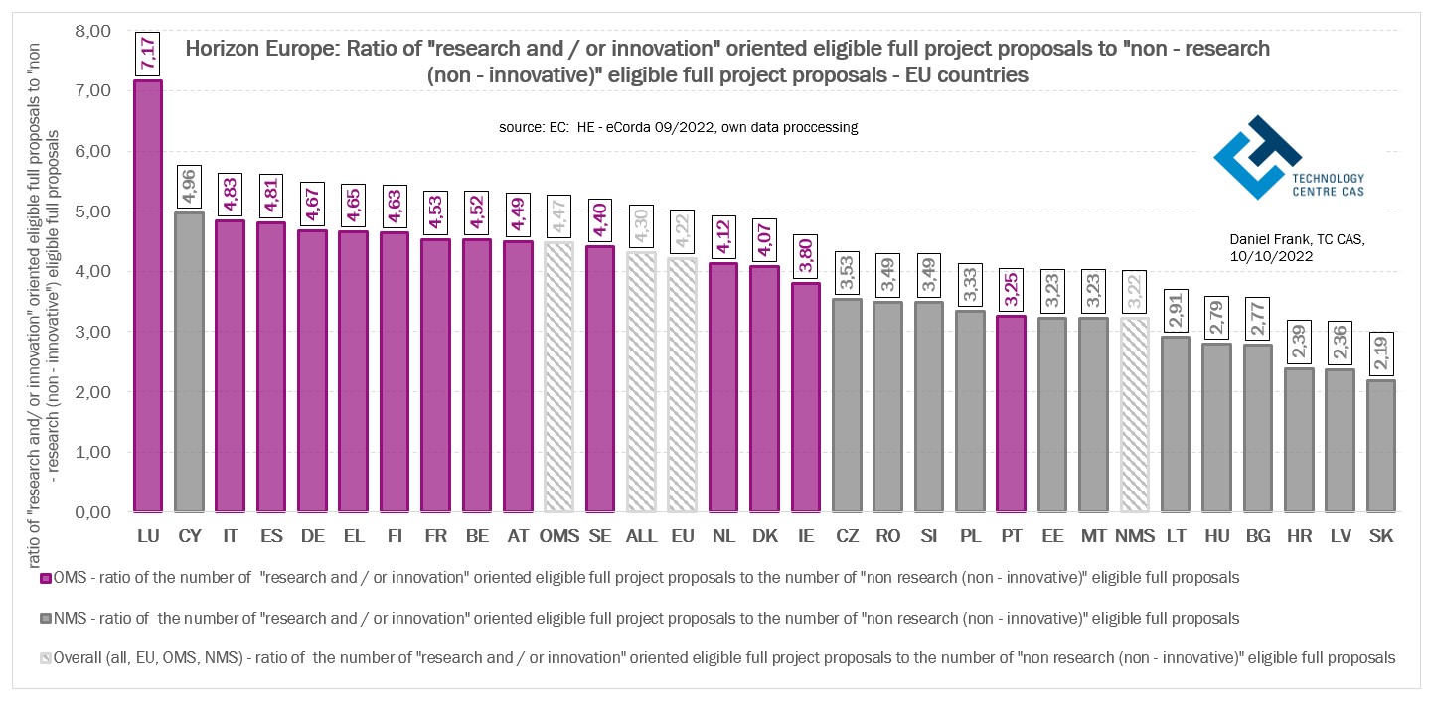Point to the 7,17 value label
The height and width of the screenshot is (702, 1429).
[x=148, y=53]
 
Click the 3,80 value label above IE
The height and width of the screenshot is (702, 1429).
[x=806, y=256]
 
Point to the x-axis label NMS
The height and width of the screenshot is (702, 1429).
[x=1135, y=536]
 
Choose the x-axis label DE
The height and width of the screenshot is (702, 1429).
[x=312, y=536]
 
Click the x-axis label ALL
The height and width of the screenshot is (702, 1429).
[x=641, y=536]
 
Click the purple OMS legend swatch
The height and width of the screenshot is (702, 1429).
[x=45, y=577]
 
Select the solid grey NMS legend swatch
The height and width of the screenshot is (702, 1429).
[x=45, y=618]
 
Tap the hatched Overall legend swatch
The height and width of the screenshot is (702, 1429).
[x=45, y=657]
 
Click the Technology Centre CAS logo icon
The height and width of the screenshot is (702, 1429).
[x=1256, y=156]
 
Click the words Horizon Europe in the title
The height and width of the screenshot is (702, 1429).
[x=260, y=48]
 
